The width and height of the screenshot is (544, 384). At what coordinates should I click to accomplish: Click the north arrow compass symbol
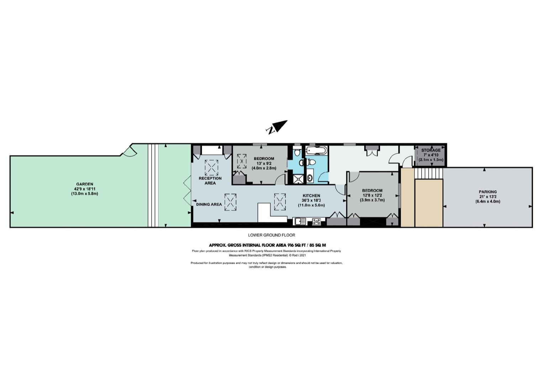pyautogui.click(x=277, y=127)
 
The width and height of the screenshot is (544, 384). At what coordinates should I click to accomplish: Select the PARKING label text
pyautogui.click(x=488, y=192)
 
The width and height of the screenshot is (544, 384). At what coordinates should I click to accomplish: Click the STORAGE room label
pyautogui.click(x=431, y=150)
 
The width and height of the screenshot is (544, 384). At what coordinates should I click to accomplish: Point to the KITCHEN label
pyautogui.click(x=311, y=196)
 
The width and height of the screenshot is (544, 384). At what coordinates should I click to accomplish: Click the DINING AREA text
pyautogui.click(x=209, y=204)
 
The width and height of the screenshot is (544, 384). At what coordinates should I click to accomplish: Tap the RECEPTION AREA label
pyautogui.click(x=210, y=181)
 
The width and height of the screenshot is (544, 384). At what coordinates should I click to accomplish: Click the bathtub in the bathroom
pyautogui.click(x=316, y=150)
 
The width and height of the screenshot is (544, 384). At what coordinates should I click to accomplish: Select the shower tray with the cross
pyautogui.click(x=298, y=179)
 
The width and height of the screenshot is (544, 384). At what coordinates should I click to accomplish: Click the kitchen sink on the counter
pyautogui.click(x=301, y=222)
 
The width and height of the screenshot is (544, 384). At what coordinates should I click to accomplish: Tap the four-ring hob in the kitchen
pyautogui.click(x=316, y=222)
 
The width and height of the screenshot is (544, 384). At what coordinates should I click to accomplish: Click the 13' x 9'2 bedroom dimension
pyautogui.click(x=260, y=163)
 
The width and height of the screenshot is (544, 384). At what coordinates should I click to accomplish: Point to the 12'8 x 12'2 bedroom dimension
pyautogui.click(x=372, y=196)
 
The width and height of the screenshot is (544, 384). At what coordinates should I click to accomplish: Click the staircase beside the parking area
pyautogui.click(x=429, y=174)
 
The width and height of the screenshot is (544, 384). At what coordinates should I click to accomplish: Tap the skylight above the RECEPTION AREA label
pyautogui.click(x=211, y=167)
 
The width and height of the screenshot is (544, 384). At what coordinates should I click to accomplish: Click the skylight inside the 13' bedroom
pyautogui.click(x=242, y=161)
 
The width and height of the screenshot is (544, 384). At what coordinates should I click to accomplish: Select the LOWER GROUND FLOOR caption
pyautogui.click(x=271, y=235)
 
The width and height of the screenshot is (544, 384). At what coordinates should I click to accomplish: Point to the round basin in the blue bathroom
pyautogui.click(x=310, y=178)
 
